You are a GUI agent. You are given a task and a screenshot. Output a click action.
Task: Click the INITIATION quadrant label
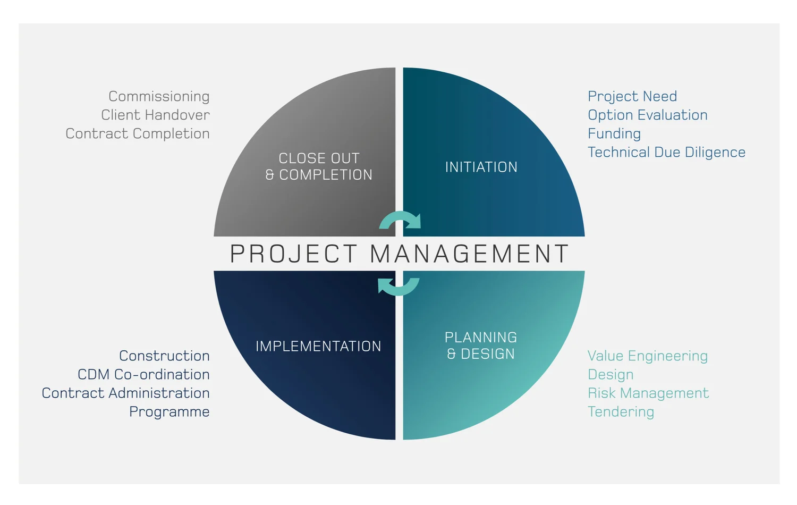pyautogui.click(x=481, y=167)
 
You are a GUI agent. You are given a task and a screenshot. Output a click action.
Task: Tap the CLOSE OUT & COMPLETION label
pyautogui.click(x=319, y=166)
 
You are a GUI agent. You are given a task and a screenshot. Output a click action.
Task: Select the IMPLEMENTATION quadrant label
pyautogui.click(x=318, y=346)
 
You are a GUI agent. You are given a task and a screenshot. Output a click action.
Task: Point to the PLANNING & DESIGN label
pyautogui.click(x=481, y=346)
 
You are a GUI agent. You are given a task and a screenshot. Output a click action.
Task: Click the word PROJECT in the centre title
pyautogui.click(x=293, y=254)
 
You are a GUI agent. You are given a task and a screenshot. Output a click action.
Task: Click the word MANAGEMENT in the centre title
pyautogui.click(x=469, y=254)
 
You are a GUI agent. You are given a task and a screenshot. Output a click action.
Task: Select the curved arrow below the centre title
pyautogui.click(x=398, y=287)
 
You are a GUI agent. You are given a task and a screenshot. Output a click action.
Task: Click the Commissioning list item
pyautogui.click(x=159, y=96)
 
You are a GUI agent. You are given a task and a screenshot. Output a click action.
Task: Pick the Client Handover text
pyautogui.click(x=155, y=115)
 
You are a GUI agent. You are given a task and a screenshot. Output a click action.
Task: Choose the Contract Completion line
pyautogui.click(x=138, y=133)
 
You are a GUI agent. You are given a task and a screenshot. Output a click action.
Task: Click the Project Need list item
pyautogui.click(x=632, y=96)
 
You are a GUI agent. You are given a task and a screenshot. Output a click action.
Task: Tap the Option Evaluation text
pyautogui.click(x=648, y=115)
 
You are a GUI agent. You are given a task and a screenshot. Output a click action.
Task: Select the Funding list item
pyautogui.click(x=614, y=133)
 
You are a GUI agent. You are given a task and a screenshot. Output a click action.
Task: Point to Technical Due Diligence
pyautogui.click(x=666, y=152)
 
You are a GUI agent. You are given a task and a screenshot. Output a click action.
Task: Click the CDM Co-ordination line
pyautogui.click(x=143, y=374)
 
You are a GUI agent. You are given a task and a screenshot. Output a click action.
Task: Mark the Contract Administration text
pyautogui.click(x=126, y=393)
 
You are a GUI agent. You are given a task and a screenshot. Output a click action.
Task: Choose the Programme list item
pyautogui.click(x=169, y=412)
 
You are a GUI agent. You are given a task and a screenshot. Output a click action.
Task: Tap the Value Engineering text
pyautogui.click(x=648, y=356)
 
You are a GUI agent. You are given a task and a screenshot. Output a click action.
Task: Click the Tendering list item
pyautogui.click(x=621, y=412)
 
